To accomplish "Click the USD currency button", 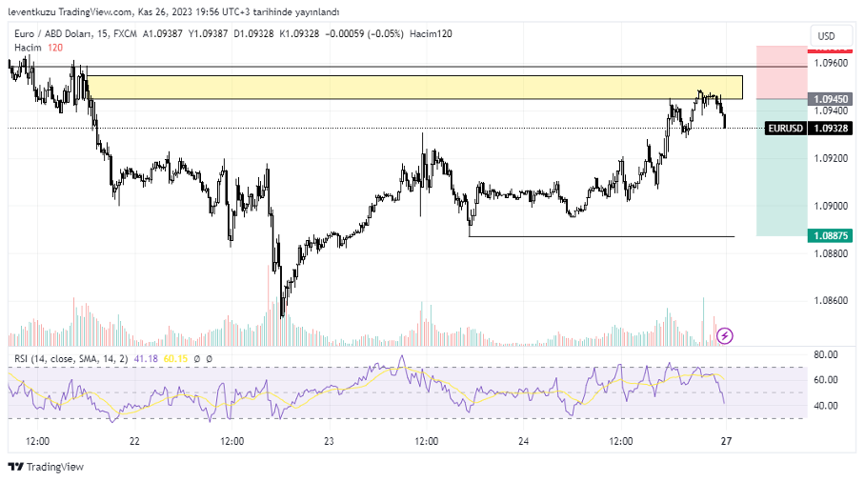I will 825,36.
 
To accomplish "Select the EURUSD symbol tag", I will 786,128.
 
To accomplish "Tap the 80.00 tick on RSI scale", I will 825,354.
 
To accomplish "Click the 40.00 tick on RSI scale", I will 825,406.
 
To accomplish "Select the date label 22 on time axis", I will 134,441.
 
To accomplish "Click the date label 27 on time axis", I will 726,441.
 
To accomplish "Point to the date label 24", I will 524,441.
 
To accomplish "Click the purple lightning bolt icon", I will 725,335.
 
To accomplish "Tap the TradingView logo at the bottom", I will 46,467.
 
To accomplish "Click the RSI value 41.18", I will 146,359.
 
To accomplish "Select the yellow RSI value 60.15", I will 174,359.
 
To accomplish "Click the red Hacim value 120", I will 55,47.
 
